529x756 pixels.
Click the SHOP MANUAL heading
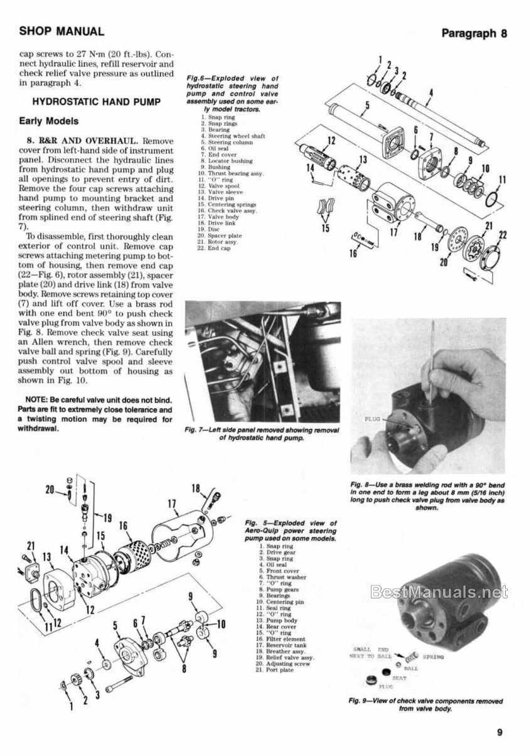click(62, 31)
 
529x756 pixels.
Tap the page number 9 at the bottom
click(500, 731)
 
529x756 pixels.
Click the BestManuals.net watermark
click(439, 591)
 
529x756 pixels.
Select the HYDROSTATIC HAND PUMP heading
click(88, 102)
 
